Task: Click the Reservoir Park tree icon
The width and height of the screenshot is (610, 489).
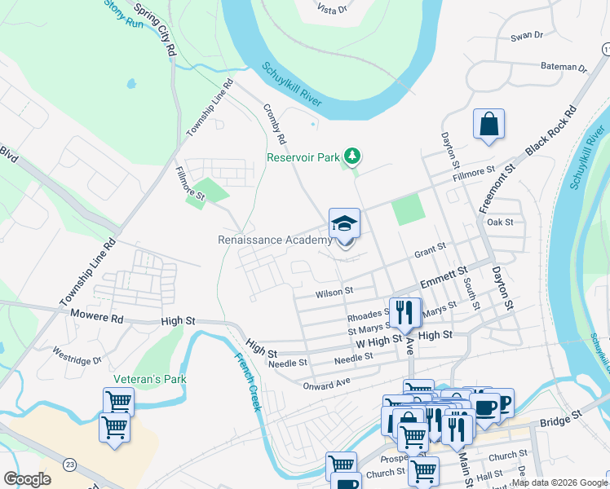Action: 352,155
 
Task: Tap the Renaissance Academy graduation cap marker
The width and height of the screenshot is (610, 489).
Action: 345,225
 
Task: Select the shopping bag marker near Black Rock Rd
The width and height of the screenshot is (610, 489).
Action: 488,125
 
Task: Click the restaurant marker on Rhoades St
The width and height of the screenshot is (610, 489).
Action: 404,312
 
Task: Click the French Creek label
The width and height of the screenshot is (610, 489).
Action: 247,381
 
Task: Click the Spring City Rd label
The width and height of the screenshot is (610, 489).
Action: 156,29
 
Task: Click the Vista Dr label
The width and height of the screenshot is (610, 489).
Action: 332,8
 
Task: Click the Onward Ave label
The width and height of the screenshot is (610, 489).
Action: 325,383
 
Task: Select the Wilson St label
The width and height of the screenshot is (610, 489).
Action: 334,290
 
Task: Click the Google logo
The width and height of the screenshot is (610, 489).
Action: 27,479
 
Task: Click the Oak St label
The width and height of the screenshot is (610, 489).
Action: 499,222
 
